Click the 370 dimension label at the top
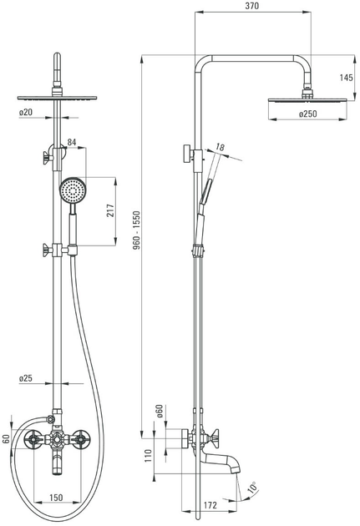251,6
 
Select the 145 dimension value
346,78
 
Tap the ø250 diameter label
307,114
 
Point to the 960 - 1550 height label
136,230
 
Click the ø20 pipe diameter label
26,112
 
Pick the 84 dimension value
72,142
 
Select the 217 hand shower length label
111,210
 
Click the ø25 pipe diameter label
26,378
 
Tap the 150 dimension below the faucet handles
56,497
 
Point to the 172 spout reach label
210,505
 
